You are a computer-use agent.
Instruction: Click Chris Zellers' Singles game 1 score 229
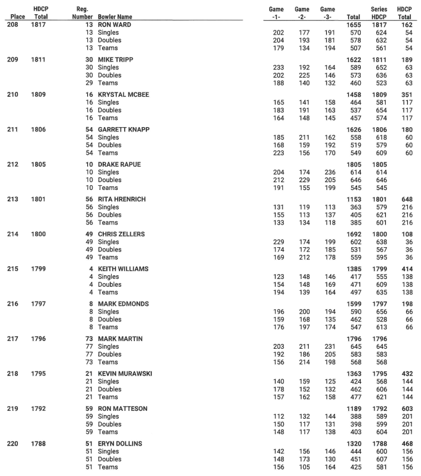point(278,242)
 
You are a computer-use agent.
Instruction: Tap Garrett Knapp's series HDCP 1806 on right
point(379,129)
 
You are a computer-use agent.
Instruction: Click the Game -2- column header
point(302,13)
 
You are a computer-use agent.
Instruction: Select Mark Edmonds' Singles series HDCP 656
point(379,312)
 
